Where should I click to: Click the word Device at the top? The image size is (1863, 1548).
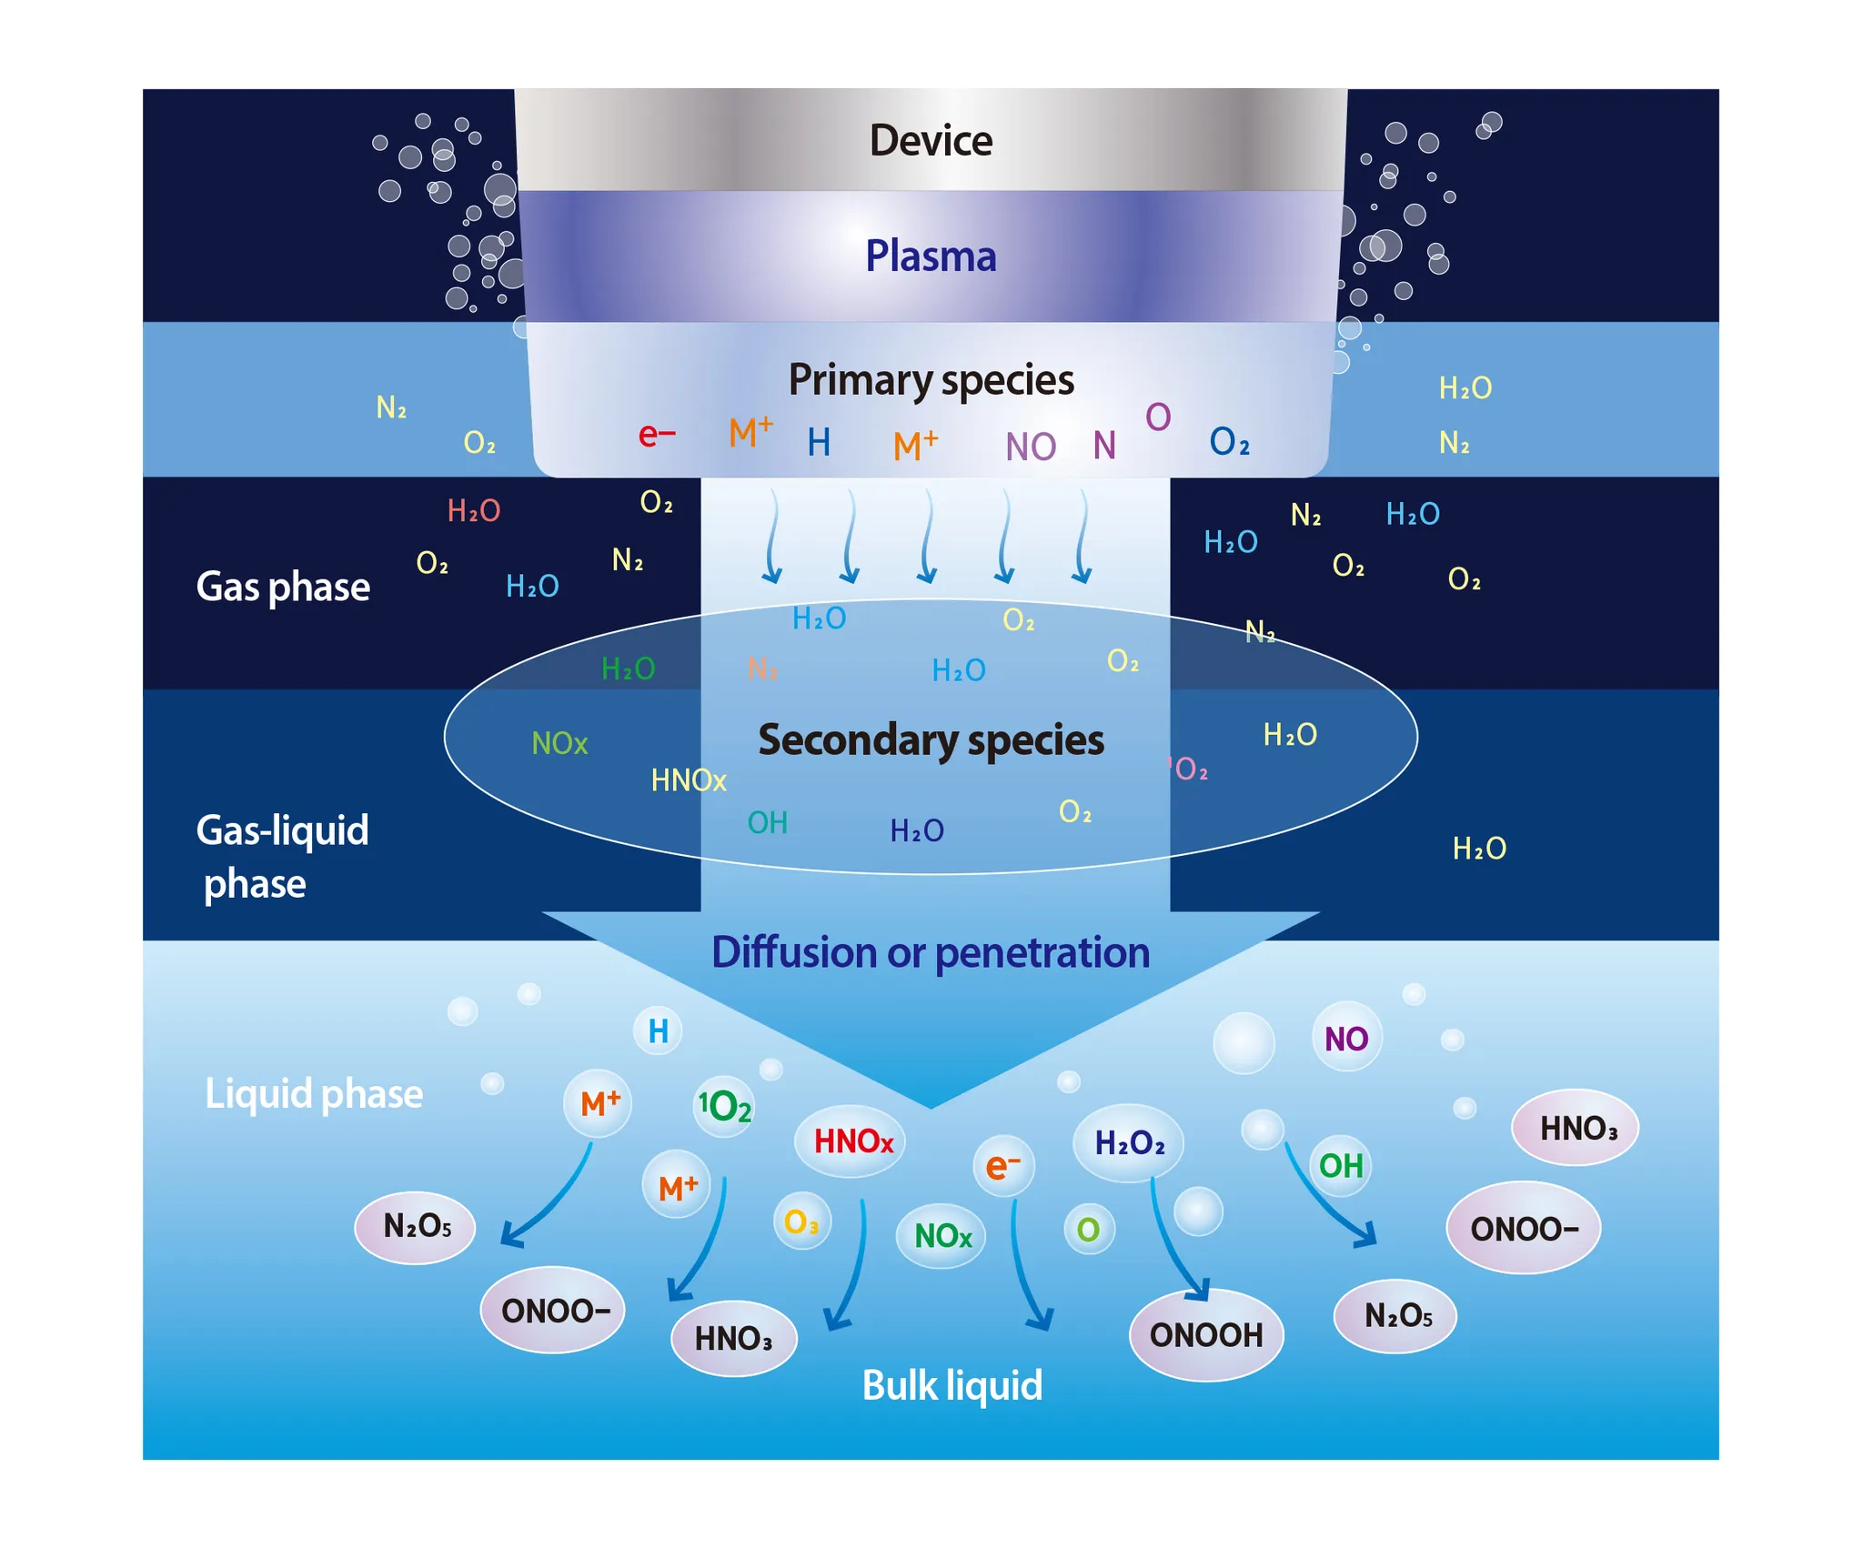pos(931,141)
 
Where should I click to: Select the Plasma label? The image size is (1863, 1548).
pos(931,256)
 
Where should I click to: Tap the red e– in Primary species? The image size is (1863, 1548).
pos(656,435)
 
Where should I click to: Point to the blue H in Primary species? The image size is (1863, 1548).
pos(819,443)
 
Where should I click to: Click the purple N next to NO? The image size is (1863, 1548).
pos(1104,446)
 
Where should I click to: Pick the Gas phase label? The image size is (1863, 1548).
pos(283,587)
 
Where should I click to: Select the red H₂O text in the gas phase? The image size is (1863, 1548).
pos(474,511)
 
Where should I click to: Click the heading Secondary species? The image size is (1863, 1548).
pos(931,739)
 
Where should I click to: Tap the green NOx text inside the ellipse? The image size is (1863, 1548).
pos(559,744)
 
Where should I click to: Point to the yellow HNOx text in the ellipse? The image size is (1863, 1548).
pos(689,780)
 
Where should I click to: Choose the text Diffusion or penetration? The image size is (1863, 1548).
pos(931,952)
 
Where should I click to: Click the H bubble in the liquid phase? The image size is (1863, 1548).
pos(658,1031)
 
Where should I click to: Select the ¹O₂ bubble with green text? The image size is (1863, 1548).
pos(724,1106)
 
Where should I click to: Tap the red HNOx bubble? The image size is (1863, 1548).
pos(852,1141)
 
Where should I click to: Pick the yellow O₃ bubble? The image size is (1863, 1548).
pos(801,1221)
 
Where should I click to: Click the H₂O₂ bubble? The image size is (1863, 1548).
pos(1129,1143)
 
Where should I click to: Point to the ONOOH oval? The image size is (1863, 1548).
pos(1206,1335)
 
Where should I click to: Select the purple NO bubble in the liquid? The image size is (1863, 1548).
pos(1346,1039)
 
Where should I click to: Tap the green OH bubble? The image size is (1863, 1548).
pos(1341,1166)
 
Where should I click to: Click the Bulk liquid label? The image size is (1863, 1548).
pos(952,1385)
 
